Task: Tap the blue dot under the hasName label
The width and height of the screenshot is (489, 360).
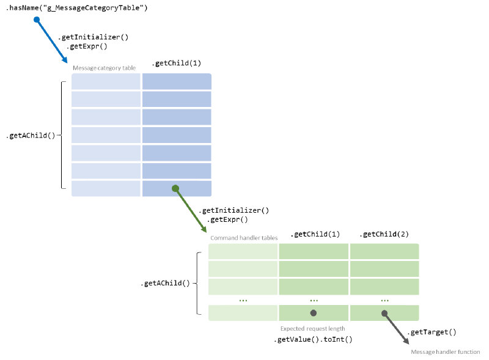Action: point(37,20)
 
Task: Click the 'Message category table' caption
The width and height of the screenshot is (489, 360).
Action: point(104,68)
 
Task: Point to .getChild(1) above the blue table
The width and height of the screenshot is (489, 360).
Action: point(176,63)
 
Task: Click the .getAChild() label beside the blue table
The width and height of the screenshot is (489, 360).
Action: point(30,136)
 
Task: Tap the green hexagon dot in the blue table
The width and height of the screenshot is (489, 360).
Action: point(175,188)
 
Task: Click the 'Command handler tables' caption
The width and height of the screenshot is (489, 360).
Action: point(243,238)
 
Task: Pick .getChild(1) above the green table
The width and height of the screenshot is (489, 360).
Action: point(315,234)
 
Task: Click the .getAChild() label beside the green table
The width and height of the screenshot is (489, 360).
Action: point(166,284)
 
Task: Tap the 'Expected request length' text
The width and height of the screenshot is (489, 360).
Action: point(312,328)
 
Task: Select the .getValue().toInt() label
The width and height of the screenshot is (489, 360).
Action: point(313,339)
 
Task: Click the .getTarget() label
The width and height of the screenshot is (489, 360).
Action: point(432,332)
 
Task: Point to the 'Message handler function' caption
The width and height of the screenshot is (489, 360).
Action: point(445,352)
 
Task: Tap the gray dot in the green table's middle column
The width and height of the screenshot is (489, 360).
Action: point(314,313)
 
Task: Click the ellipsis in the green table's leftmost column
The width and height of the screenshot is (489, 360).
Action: point(243,299)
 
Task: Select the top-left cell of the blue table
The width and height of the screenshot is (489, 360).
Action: point(106,81)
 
